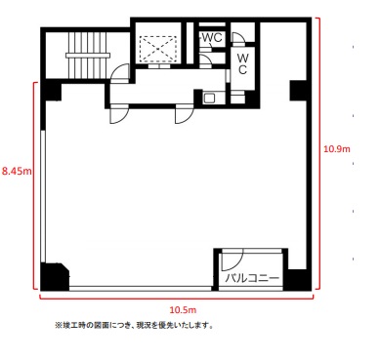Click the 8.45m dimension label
pos(17,171)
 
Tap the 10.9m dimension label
pos(337,149)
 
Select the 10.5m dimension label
pos(183,310)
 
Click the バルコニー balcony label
pos(253,278)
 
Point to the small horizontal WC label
pos(212,37)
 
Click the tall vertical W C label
pos(242,64)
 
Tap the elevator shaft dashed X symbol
pos(158,49)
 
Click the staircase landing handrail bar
pos(87,56)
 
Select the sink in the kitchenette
pos(209,98)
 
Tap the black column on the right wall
pos(298,90)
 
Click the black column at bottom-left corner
pos(54,276)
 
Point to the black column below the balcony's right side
pos(297,280)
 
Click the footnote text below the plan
pos(134,325)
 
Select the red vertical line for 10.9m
pos(319,153)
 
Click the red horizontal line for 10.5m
pos(177,297)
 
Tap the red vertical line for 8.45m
pos(34,185)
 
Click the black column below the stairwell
pos(51,91)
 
